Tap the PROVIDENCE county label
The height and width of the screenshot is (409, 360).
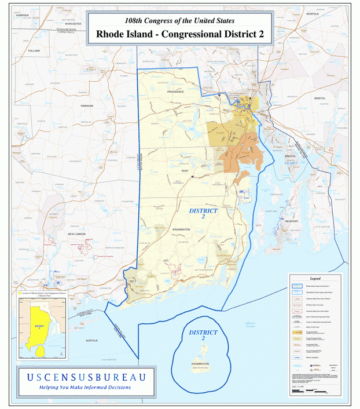pyautogui.click(x=175, y=92)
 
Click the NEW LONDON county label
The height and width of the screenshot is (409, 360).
pyautogui.click(x=76, y=233)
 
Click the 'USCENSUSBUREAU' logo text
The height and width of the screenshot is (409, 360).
pyautogui.click(x=86, y=377)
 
